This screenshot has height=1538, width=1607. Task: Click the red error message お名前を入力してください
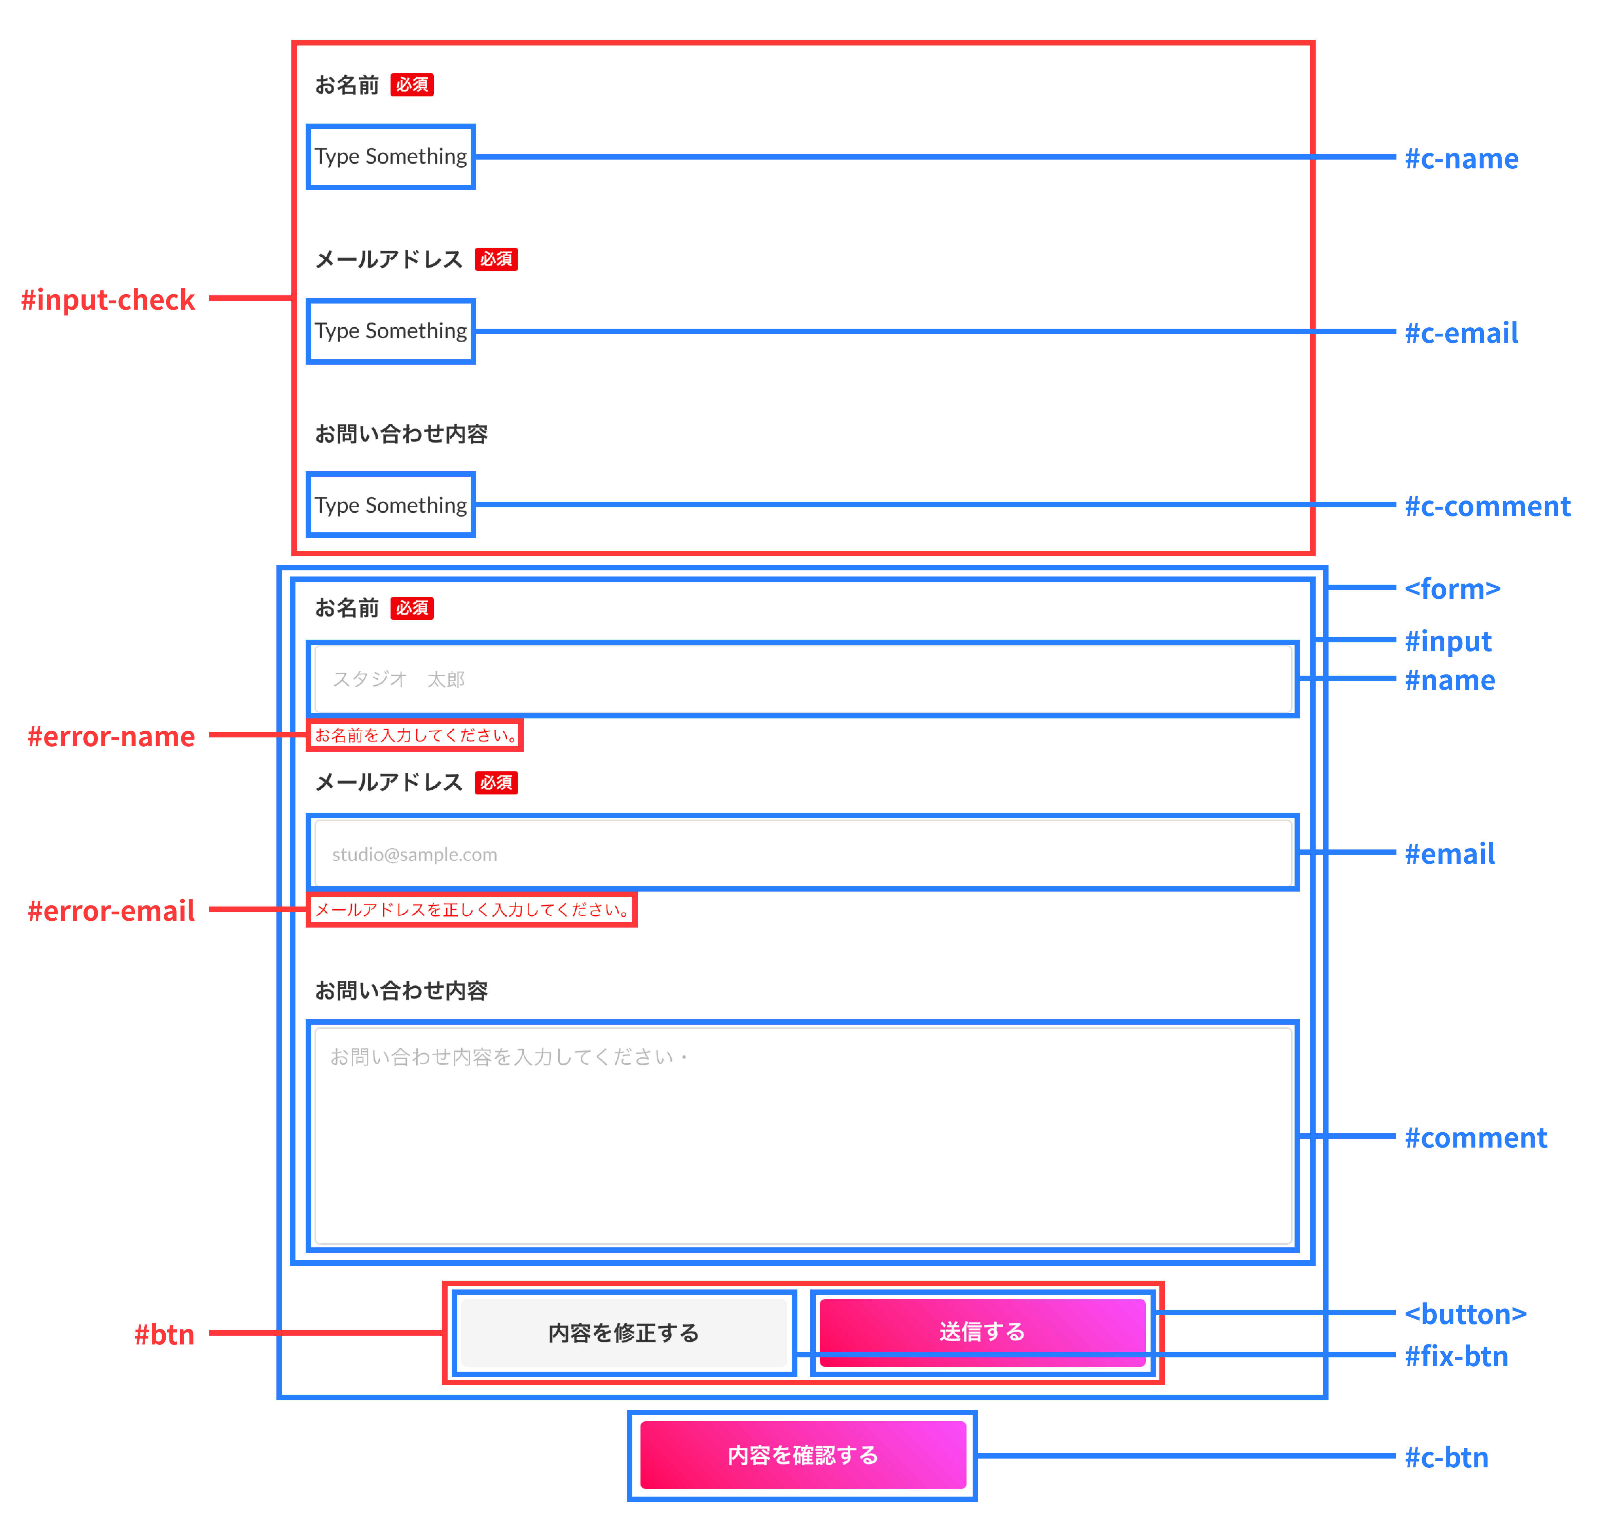coord(415,735)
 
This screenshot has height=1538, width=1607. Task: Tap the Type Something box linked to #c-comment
coord(391,505)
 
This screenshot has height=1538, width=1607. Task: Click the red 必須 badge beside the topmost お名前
coord(412,85)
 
